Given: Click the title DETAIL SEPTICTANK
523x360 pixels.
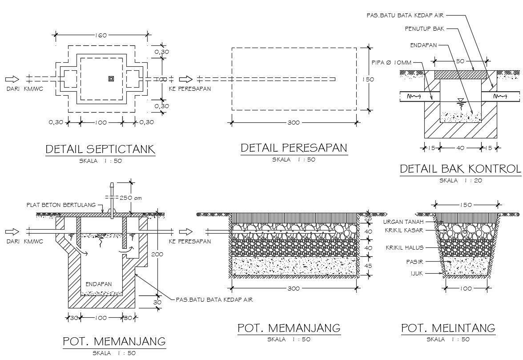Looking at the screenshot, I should click(101, 149).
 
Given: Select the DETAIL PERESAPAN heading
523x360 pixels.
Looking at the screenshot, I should click(294, 148).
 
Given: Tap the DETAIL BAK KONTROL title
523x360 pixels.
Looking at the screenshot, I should click(460, 169).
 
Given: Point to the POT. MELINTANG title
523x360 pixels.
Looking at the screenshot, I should click(448, 328).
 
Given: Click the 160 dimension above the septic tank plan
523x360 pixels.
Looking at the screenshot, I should click(101, 35).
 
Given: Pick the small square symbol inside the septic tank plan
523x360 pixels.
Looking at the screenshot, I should click(111, 79).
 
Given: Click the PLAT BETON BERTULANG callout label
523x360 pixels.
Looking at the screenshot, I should click(61, 205).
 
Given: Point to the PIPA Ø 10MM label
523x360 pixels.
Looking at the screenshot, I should click(391, 63).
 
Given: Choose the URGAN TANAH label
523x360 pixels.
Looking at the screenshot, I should click(403, 222).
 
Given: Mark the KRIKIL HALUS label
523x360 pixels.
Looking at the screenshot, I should click(404, 247).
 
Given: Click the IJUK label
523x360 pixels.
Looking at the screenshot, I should click(416, 274).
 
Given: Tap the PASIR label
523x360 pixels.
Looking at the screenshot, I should click(414, 262).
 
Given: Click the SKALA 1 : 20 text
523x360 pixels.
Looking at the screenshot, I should click(460, 180).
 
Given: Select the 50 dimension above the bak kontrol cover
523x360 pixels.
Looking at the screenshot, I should click(460, 61).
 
